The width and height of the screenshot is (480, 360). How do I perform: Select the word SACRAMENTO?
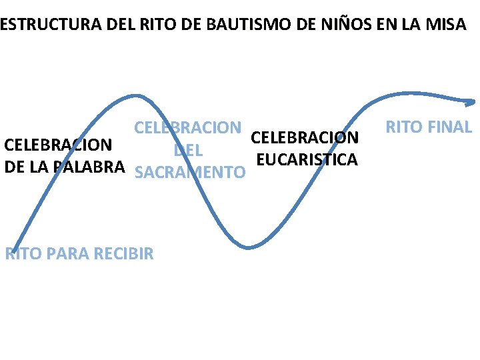[x=190, y=173]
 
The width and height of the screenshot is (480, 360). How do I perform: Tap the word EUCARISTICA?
[x=307, y=160]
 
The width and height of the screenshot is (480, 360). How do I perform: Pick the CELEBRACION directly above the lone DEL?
[x=188, y=127]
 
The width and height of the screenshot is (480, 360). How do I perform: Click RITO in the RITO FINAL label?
[x=403, y=127]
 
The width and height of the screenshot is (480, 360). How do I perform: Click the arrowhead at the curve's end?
[x=471, y=102]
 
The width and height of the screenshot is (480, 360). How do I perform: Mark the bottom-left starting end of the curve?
[x=13, y=250]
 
